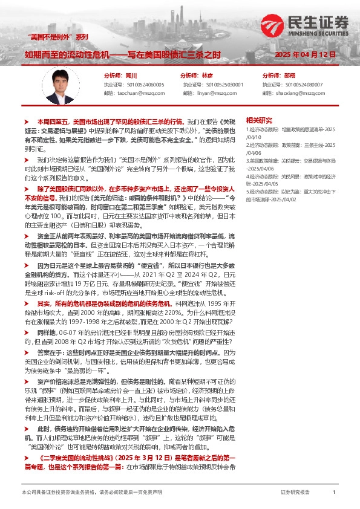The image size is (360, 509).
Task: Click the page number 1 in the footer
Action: pos(334,493)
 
